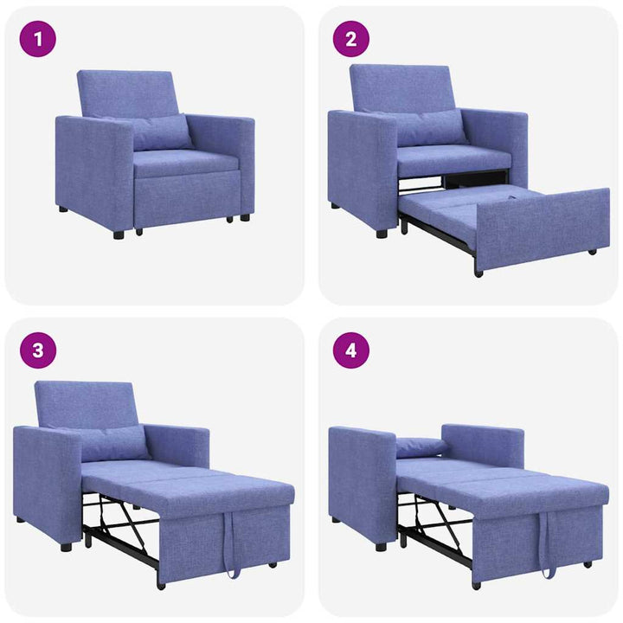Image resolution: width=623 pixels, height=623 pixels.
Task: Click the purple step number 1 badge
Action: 37,39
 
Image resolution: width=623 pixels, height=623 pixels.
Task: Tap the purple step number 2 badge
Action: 351,39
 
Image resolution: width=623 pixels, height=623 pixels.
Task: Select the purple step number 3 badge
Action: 37,350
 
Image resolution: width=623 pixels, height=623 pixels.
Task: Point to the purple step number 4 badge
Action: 351,350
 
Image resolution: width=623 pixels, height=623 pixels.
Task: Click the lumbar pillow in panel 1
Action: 160,132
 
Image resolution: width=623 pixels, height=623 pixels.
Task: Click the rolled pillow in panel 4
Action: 421,446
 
